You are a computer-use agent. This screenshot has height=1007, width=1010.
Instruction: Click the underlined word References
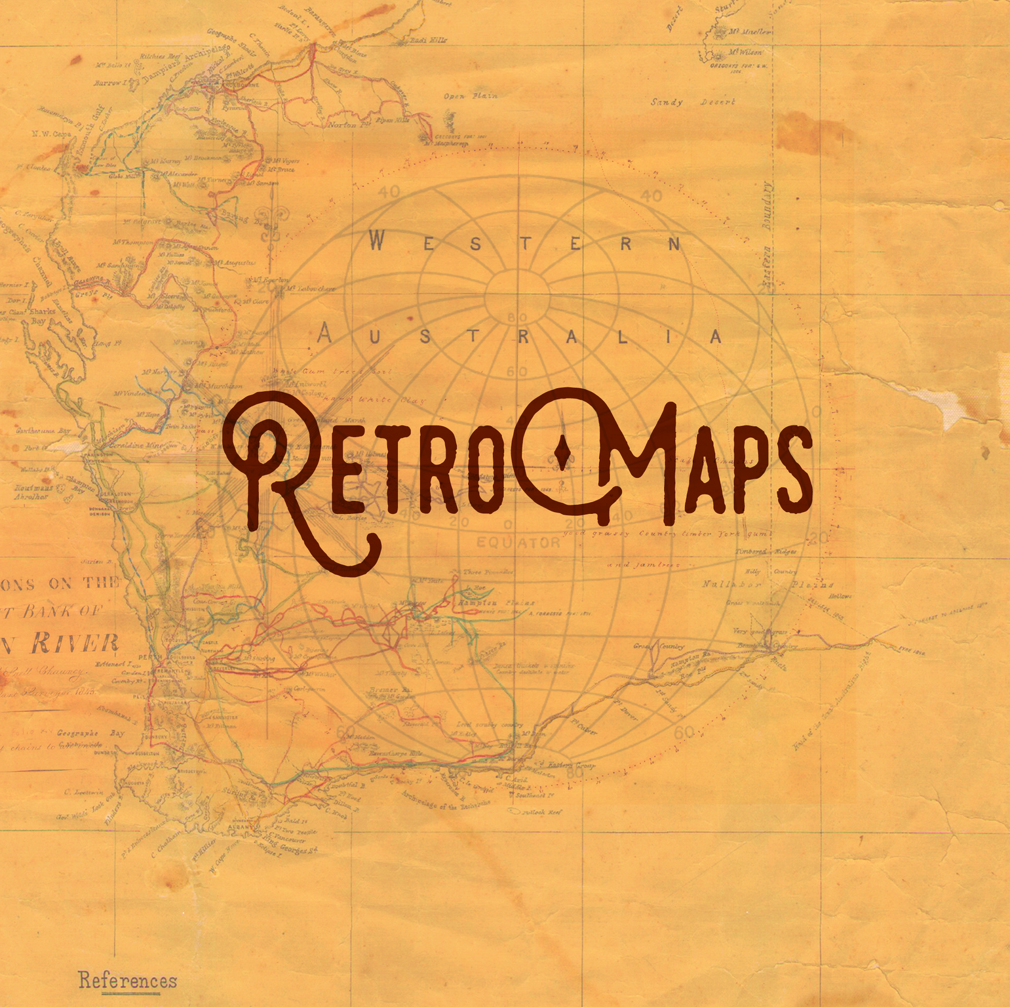128,980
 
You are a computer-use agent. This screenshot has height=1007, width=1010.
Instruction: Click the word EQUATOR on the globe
518,543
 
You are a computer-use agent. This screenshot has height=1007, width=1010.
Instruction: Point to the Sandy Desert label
693,102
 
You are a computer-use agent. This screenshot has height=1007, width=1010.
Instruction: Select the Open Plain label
470,96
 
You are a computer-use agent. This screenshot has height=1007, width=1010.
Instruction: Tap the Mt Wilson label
745,52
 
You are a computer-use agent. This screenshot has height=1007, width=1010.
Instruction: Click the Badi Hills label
428,40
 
